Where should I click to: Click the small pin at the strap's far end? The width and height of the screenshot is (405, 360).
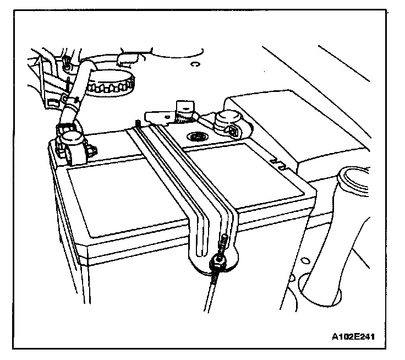136,122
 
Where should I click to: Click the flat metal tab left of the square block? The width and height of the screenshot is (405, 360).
156,115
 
